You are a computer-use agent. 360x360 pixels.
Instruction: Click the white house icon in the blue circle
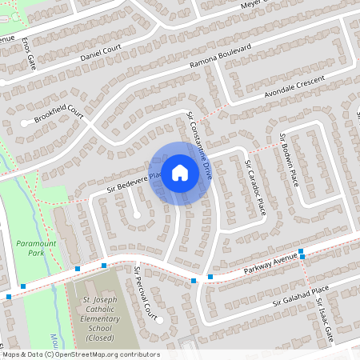click(180, 172)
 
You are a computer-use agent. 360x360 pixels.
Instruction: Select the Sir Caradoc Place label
click(254, 186)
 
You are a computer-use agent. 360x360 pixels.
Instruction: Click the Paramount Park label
click(30, 246)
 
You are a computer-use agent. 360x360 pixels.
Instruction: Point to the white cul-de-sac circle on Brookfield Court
click(25, 122)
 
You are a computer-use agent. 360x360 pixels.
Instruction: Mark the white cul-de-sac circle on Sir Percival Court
click(159, 320)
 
